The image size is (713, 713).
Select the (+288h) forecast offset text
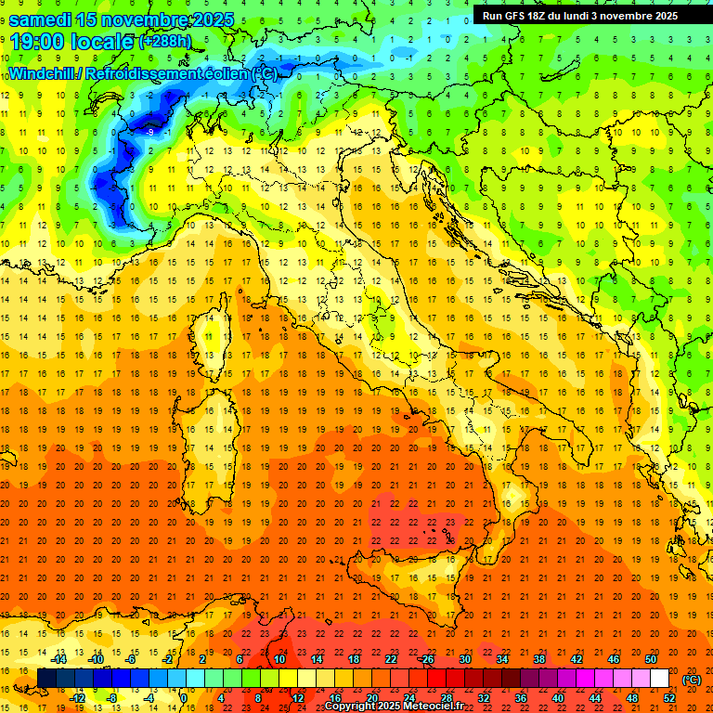tap(165, 42)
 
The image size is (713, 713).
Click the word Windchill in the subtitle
tap(41, 73)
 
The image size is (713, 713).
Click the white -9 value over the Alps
tap(149, 132)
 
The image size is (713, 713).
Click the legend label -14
tap(58, 659)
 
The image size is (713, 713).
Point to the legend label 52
tap(668, 698)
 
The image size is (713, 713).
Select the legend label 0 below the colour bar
tap(184, 698)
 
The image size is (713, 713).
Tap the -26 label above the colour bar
tap(426, 659)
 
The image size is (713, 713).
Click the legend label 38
tap(538, 659)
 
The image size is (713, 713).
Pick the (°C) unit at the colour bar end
tap(691, 680)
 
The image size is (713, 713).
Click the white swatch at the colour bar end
tap(659, 679)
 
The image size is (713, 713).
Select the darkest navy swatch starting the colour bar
tap(46, 679)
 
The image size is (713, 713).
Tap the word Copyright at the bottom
tap(348, 707)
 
